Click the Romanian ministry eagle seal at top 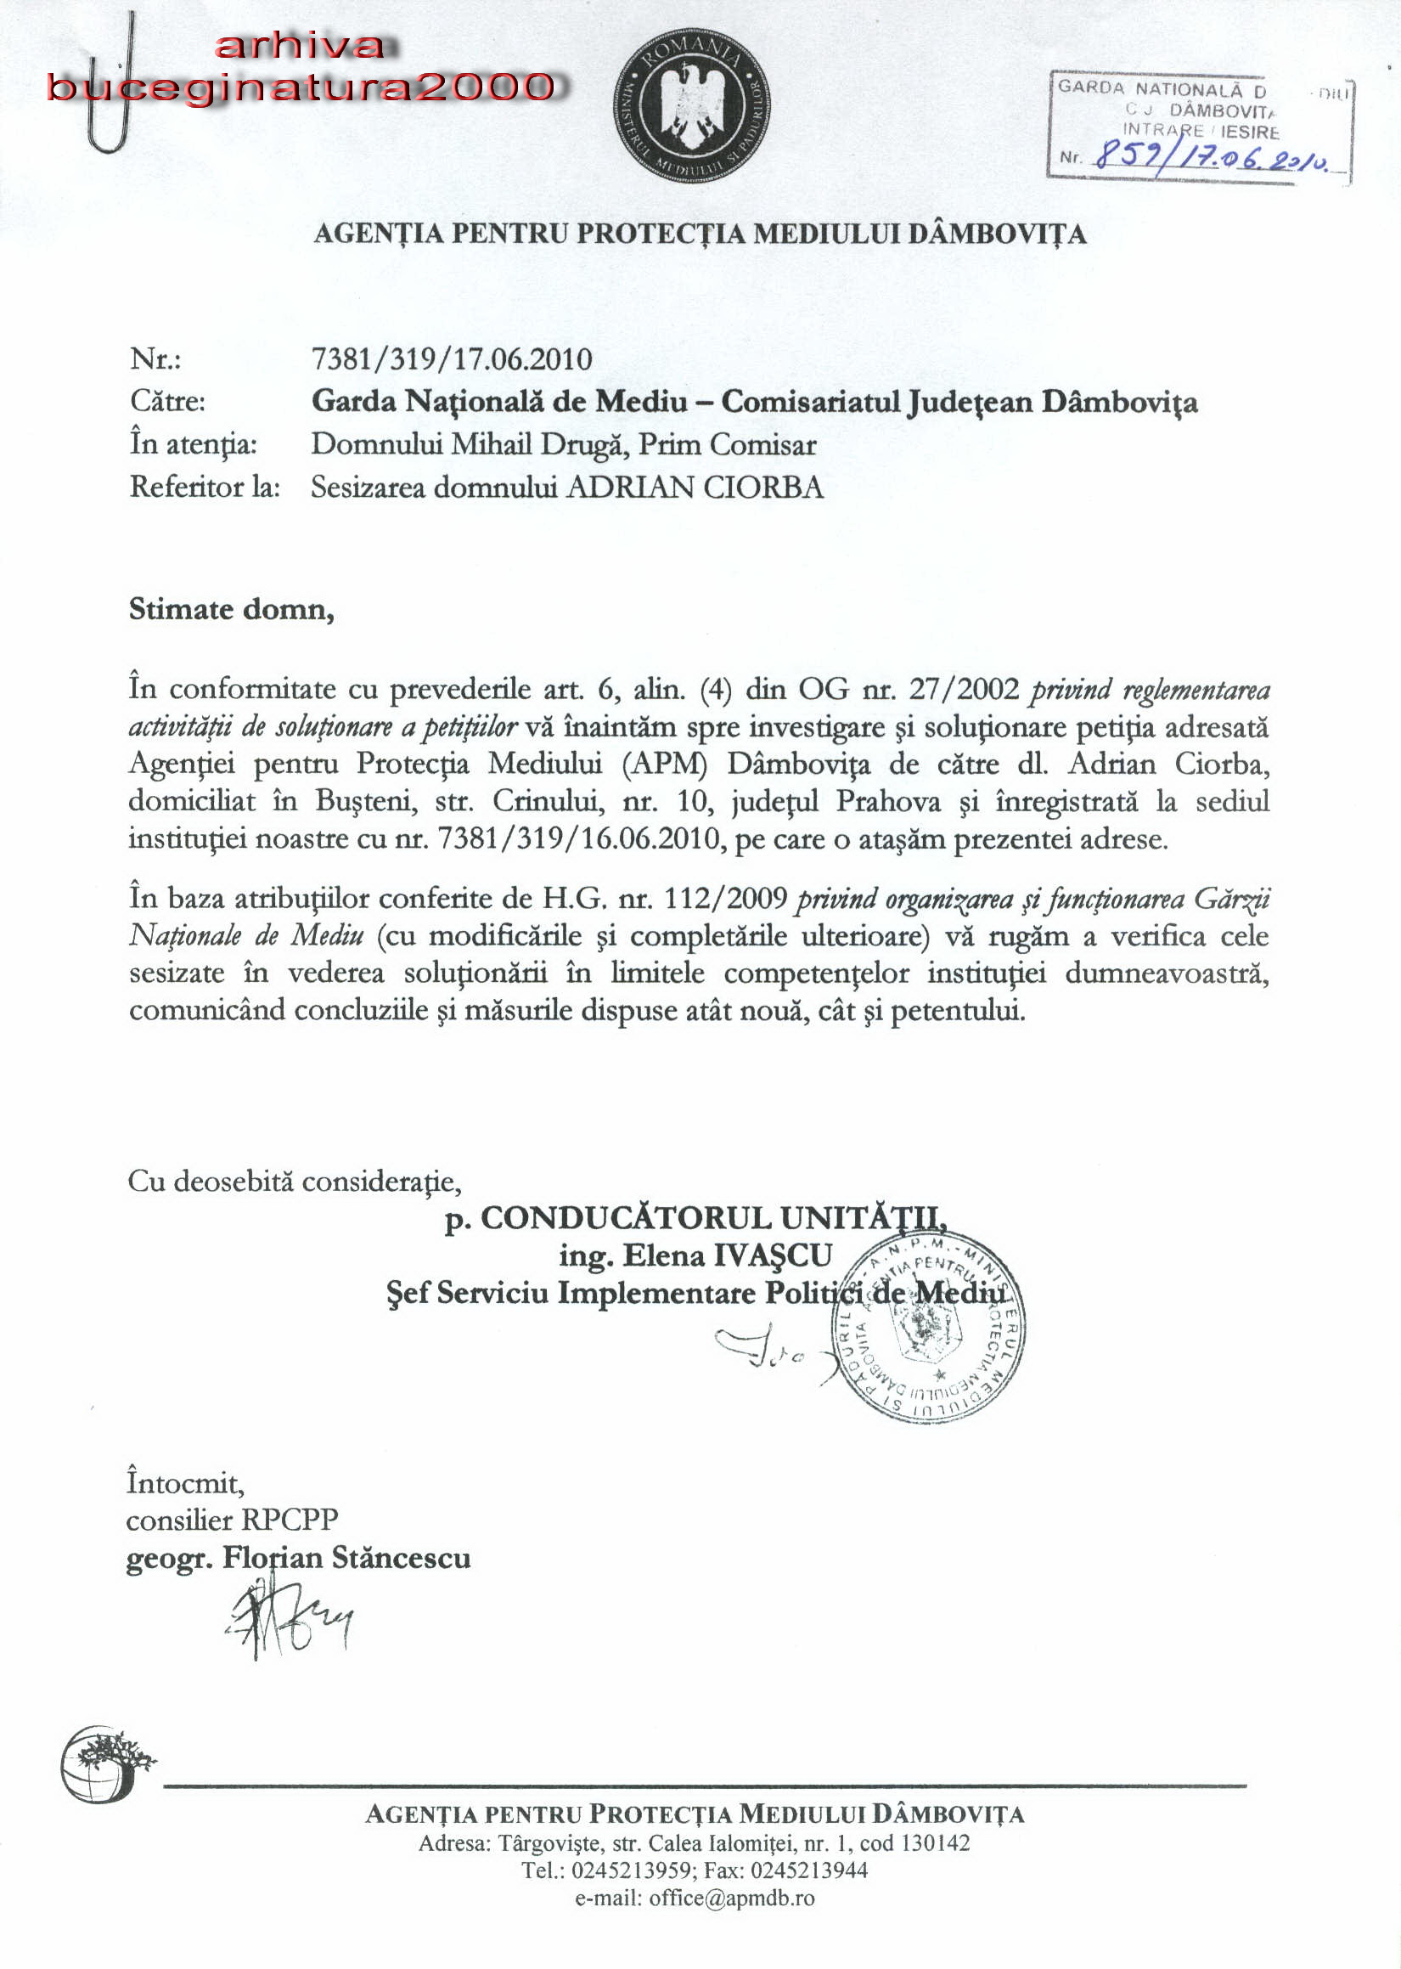(x=692, y=105)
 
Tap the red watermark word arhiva (x=301, y=47)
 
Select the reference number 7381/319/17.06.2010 (x=451, y=359)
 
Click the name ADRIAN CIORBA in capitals (x=695, y=488)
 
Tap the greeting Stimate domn (x=231, y=609)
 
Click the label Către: (x=167, y=401)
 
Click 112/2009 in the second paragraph (x=724, y=899)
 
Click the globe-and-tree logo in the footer (x=105, y=1763)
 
